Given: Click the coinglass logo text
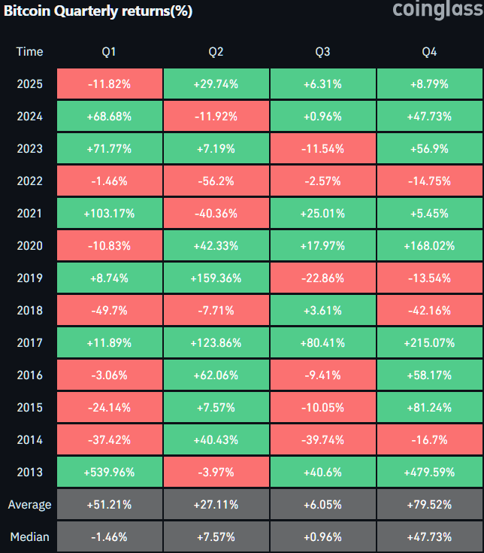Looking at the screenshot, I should [433, 10].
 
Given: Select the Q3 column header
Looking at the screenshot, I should [322, 51].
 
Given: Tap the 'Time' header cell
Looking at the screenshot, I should [29, 51].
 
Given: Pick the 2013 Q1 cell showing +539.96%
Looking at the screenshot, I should [109, 472].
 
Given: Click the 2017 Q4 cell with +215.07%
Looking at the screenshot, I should [430, 342].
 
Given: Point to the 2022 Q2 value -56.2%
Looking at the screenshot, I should [216, 181].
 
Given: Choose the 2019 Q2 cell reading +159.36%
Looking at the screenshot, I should [216, 278].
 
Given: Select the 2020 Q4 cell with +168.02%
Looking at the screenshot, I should [430, 245].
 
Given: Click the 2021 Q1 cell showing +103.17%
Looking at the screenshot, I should [109, 213].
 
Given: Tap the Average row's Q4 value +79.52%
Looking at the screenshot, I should [430, 504].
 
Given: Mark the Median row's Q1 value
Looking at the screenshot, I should [109, 536].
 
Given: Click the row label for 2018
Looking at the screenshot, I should [29, 310].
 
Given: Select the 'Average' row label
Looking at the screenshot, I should [29, 504].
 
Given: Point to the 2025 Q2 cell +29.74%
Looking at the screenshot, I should [216, 84].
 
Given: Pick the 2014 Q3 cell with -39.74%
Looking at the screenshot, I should [322, 439].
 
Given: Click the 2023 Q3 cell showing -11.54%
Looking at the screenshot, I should [322, 148].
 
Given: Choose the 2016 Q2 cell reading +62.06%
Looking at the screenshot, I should [216, 375].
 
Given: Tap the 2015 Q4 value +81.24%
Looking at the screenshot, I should [430, 407].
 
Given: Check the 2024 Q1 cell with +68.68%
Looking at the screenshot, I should [109, 116].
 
